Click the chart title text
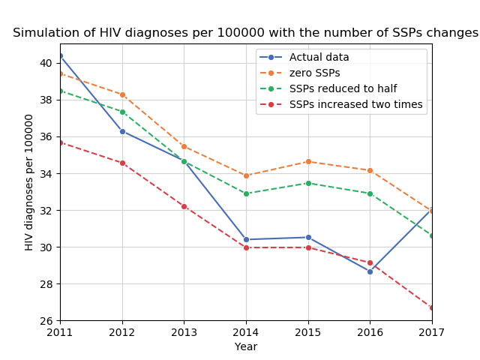(x=245, y=33)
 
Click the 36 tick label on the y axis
(x=46, y=136)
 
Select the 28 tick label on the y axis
(x=46, y=284)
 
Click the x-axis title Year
(x=246, y=346)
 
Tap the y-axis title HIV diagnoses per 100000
(x=30, y=182)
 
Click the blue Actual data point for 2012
(x=122, y=131)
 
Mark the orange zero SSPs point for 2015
(x=308, y=161)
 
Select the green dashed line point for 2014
(x=246, y=193)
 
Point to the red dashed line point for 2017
(x=432, y=307)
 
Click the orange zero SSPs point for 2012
(x=122, y=94)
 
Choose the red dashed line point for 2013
(x=184, y=206)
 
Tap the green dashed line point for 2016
(x=370, y=193)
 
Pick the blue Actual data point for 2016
(x=370, y=271)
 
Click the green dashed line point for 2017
(x=432, y=235)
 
